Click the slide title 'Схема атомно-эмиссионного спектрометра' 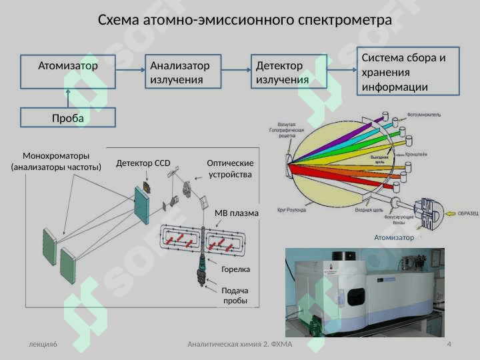tap(245, 20)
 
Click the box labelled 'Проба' tap(67, 118)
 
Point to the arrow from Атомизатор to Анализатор tap(131, 68)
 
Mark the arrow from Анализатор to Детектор tap(235, 68)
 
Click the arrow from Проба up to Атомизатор tap(67, 98)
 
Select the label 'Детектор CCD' tap(143, 163)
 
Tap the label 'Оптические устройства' tap(231, 169)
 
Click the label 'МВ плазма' tap(236, 213)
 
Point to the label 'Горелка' tap(235, 269)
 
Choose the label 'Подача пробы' tap(235, 295)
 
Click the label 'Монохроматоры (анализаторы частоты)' tap(56, 161)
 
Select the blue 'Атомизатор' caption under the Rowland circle tap(394, 237)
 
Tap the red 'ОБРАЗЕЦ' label tap(467, 213)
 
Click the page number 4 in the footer tap(449, 344)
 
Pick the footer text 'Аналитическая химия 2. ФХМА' tap(240, 344)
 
